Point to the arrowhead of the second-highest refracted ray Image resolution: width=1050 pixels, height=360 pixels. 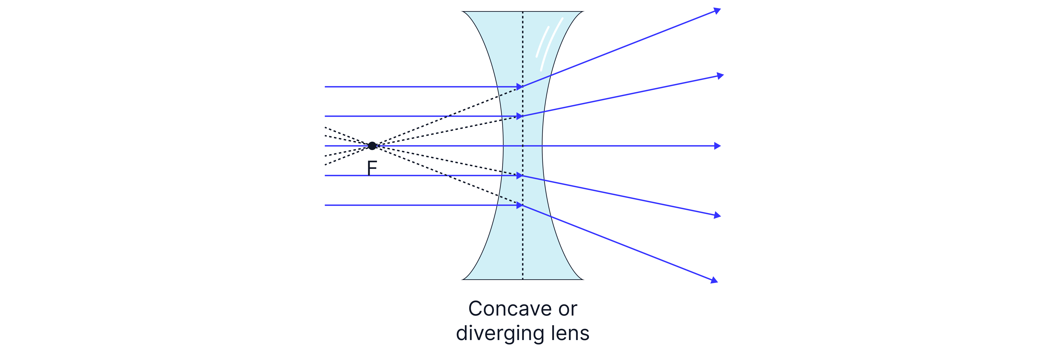[720, 75]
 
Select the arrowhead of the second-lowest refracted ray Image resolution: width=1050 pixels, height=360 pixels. [717, 215]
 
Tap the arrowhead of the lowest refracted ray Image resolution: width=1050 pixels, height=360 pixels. [714, 280]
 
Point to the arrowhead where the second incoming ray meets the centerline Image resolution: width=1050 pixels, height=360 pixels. [520, 116]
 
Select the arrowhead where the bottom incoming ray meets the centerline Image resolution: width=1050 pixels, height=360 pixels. [520, 205]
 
